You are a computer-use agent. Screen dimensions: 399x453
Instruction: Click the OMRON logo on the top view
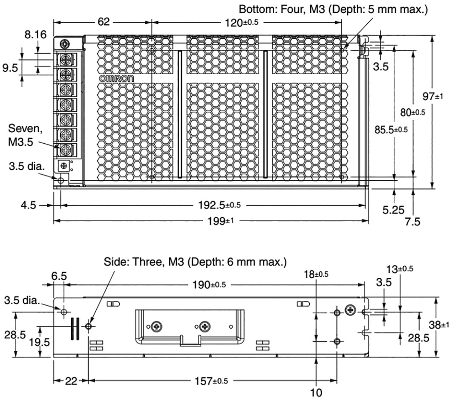point(116,79)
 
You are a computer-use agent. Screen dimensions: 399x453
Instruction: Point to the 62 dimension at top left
point(104,22)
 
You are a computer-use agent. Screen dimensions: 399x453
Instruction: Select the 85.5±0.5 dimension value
point(388,129)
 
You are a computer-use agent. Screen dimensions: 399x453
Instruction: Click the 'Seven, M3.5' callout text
point(24,135)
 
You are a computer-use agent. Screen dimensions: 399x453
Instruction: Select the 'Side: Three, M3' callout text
point(196,261)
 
